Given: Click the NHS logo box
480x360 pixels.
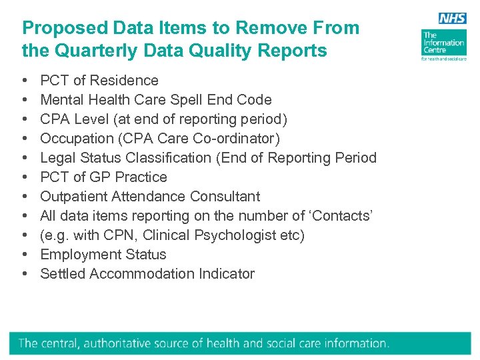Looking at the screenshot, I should (x=453, y=19).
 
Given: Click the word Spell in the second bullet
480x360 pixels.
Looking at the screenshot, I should (x=195, y=100).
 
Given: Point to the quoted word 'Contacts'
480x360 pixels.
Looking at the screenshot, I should (x=344, y=216).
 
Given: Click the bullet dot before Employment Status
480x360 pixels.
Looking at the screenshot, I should (x=25, y=255).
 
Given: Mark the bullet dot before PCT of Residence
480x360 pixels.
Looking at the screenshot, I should (x=25, y=81).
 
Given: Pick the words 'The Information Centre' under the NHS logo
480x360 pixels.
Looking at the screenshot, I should (x=443, y=43).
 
